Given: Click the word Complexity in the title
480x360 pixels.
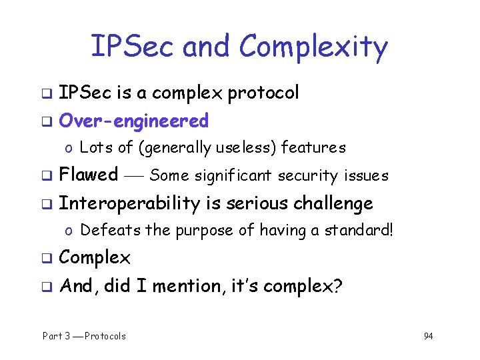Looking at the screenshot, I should point(313,47).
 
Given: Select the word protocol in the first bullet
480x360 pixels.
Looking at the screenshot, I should point(263,93).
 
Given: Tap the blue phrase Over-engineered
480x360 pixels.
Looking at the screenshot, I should point(133,121).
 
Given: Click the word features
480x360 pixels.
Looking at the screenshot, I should point(314,147).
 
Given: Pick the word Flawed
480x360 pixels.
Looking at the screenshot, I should point(88,175).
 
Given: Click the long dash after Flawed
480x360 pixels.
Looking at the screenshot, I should point(133,176).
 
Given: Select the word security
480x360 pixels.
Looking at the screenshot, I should point(309,176).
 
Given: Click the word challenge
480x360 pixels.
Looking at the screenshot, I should point(334,203).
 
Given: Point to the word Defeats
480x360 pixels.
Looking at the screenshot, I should point(102,231).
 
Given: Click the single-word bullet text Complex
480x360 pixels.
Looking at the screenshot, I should point(95,258).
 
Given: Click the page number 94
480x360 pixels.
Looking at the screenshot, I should point(428,336).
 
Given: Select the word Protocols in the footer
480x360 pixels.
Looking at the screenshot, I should point(105,336).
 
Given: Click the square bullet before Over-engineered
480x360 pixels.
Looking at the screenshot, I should point(47,122).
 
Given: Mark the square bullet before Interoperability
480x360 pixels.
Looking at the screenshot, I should point(47,204).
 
